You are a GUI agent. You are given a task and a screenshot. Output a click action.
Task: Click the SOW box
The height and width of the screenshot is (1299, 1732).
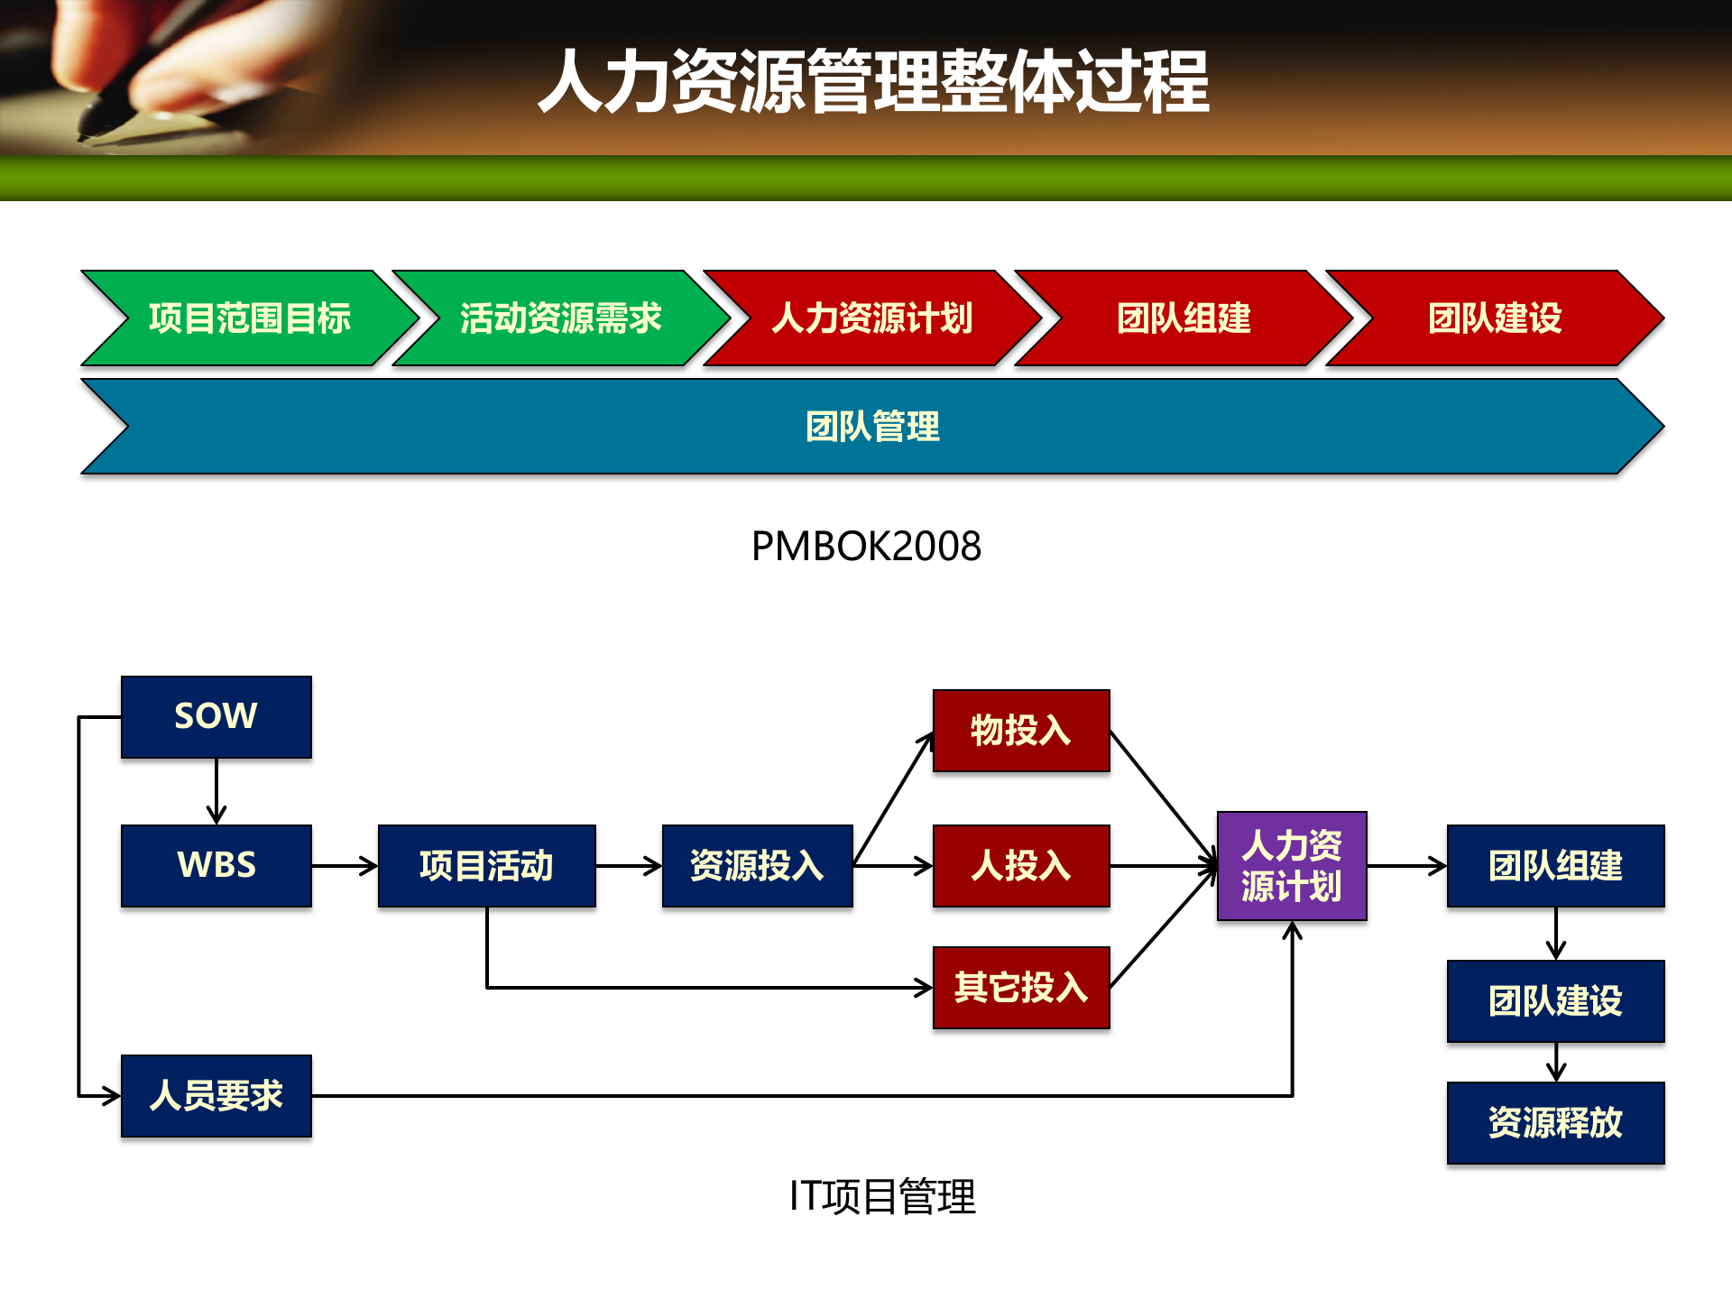[216, 716]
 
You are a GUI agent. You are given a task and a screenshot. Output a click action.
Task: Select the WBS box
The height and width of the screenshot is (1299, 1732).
[216, 865]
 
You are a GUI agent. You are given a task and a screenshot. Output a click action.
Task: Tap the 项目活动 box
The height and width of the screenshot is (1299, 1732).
[486, 865]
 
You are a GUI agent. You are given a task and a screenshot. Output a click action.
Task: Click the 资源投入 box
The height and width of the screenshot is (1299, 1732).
[757, 865]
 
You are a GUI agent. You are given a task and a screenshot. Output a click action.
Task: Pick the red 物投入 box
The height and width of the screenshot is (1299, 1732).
[1021, 731]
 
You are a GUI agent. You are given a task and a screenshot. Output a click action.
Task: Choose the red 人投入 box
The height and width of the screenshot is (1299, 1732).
[1021, 865]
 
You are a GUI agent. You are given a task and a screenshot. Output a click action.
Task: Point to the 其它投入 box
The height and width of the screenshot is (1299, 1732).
[1021, 987]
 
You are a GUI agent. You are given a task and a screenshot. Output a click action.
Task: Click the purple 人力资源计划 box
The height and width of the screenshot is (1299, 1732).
[1292, 865]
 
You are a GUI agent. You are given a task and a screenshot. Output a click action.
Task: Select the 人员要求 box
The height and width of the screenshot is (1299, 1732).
[216, 1095]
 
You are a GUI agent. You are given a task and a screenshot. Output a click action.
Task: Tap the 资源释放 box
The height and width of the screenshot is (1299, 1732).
[1555, 1122]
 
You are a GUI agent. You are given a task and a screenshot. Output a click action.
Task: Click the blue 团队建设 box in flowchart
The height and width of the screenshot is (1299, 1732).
[1555, 1000]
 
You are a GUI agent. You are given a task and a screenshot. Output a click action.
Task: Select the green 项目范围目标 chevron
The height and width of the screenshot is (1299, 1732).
[250, 318]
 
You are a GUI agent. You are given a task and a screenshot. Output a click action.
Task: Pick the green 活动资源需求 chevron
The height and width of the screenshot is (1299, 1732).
[561, 318]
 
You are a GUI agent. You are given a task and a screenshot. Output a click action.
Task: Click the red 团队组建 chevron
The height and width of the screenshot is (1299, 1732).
[1184, 318]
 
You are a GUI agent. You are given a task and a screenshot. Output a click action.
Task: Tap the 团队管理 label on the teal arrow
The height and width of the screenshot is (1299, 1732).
[872, 427]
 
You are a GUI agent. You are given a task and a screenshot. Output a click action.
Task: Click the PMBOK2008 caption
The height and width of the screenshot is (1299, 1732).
[866, 547]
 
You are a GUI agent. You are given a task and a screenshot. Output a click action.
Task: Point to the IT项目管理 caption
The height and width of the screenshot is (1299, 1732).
[882, 1197]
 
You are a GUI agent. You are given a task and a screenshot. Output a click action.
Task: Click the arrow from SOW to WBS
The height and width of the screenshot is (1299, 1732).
[216, 790]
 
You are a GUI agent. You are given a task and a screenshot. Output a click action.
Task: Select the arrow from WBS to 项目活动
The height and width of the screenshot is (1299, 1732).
[345, 866]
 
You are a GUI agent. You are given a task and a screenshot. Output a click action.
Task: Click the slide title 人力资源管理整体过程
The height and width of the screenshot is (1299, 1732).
[873, 81]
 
